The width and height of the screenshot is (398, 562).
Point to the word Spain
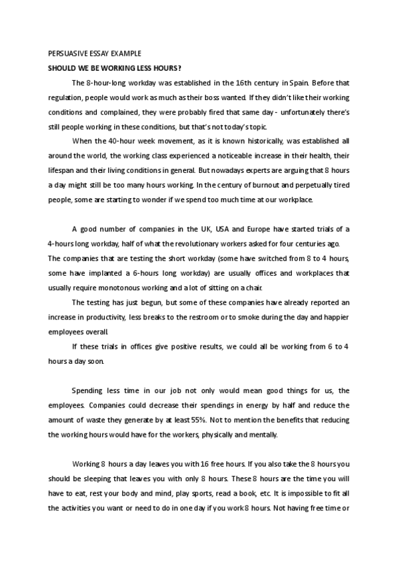pyautogui.click(x=301, y=82)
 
